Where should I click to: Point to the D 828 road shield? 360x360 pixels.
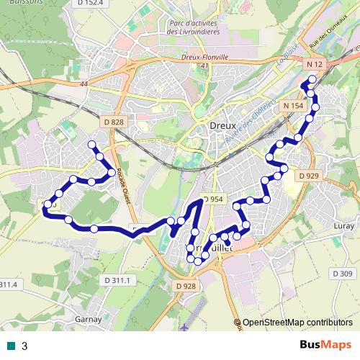tap(114, 122)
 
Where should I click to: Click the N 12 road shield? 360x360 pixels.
tap(313, 65)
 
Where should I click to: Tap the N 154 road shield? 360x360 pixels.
tap(293, 106)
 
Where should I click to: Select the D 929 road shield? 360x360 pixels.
tap(307, 176)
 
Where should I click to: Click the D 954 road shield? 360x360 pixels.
tap(213, 199)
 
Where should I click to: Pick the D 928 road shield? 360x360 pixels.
tap(186, 287)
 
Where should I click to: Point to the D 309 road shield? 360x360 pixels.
tap(342, 274)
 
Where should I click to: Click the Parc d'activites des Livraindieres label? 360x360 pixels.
tap(192, 27)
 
